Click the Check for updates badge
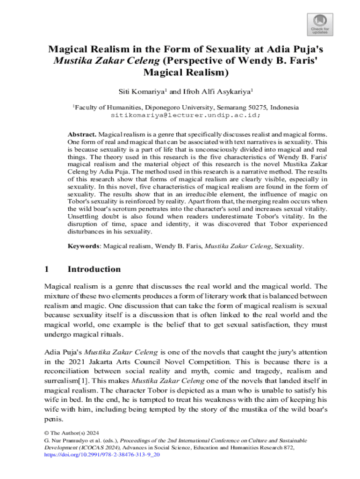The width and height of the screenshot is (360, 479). (320, 24)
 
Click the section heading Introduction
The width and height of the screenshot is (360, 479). (94, 269)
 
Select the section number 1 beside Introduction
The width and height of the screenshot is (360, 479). (46, 269)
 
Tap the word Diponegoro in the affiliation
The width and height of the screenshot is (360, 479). (165, 107)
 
